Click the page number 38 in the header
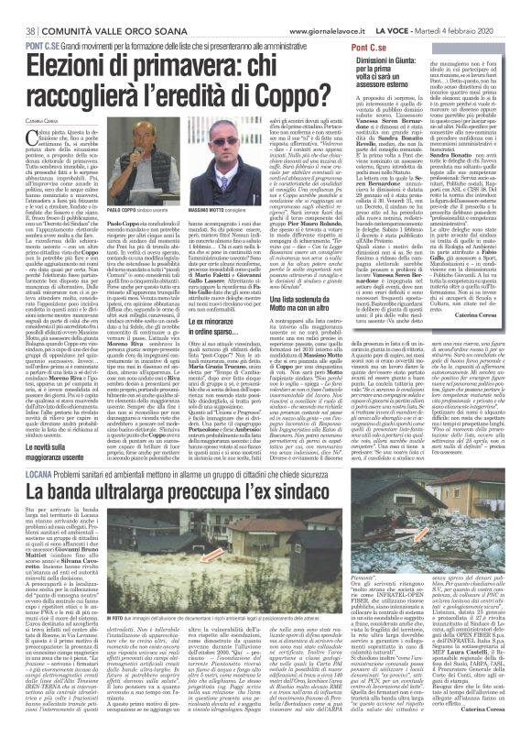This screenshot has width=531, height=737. pos(16,9)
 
